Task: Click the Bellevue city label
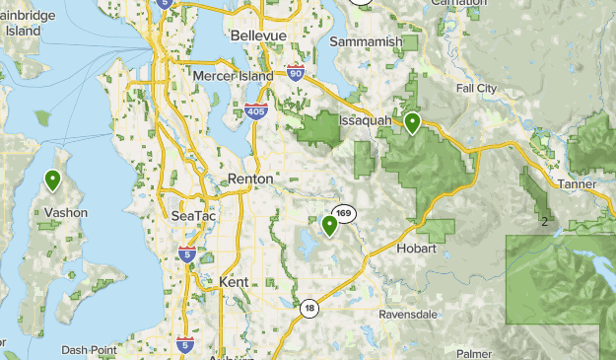[258, 36]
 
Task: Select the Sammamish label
[367, 43]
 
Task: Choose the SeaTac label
[192, 216]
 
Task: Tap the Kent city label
[235, 282]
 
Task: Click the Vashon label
[65, 212]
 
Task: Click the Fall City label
[477, 88]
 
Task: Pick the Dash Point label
[89, 349]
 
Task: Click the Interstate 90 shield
[295, 71]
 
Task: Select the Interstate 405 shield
[255, 110]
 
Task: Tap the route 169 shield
[343, 213]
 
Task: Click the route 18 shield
[309, 308]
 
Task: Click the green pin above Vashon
[52, 180]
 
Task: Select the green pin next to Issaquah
[412, 122]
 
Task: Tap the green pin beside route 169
[329, 226]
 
